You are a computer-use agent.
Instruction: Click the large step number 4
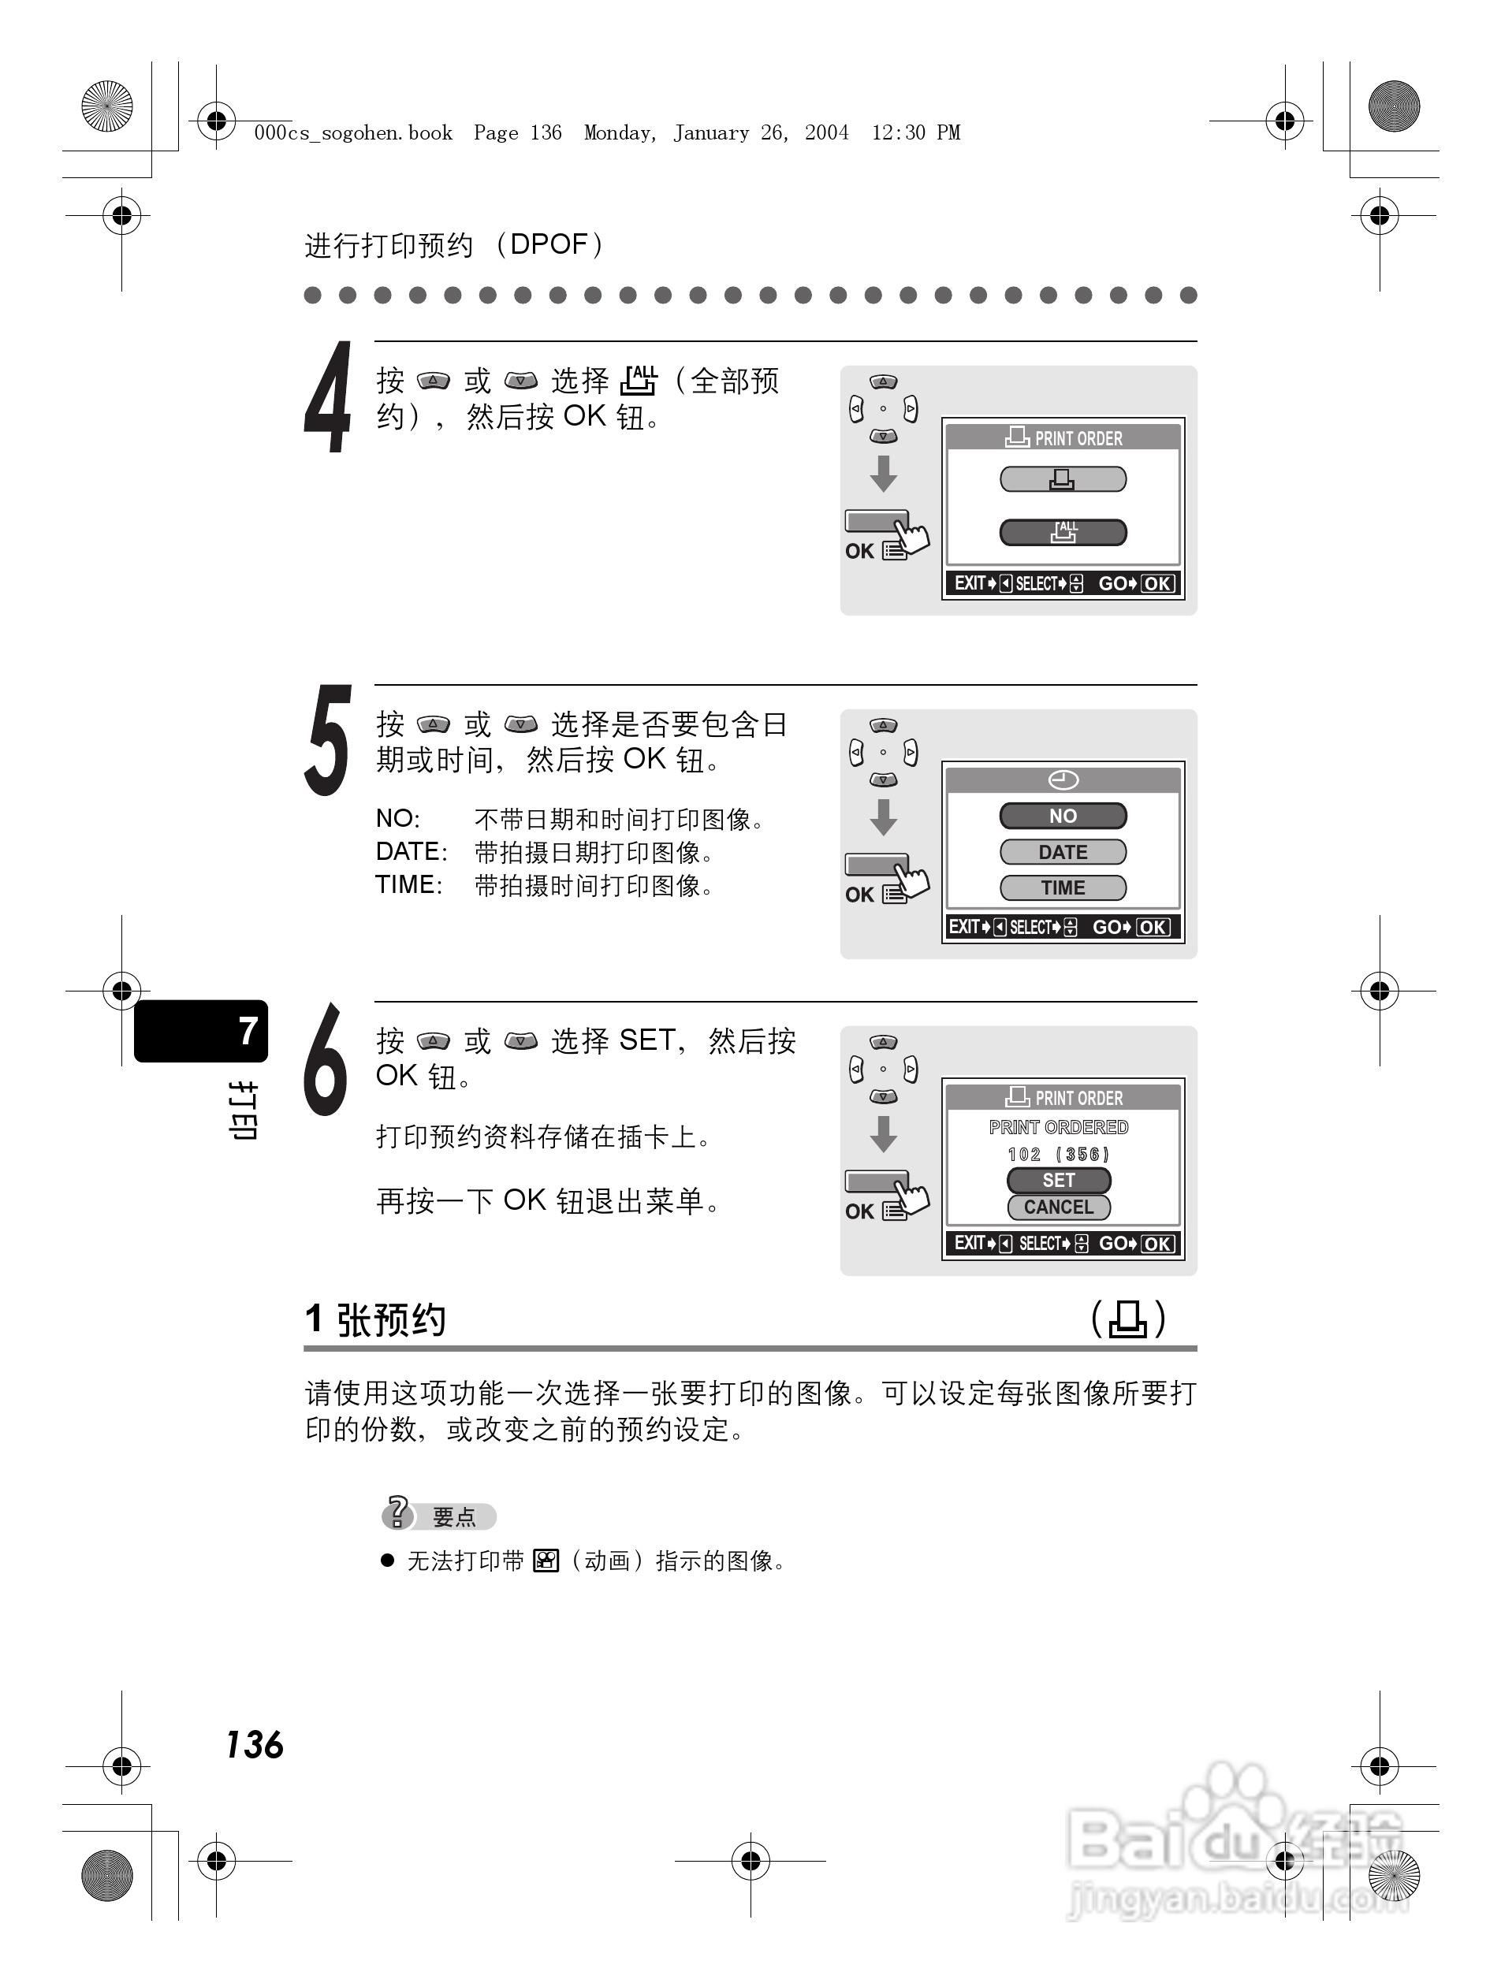point(327,397)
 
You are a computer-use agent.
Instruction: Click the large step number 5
point(327,741)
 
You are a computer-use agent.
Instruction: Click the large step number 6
point(326,1059)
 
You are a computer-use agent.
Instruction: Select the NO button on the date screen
point(1063,816)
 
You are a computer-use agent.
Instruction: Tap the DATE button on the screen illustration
point(1063,852)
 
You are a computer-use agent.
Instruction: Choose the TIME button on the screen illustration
point(1063,887)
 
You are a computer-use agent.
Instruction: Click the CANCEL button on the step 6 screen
point(1058,1207)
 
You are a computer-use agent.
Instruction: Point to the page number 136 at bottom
point(255,1746)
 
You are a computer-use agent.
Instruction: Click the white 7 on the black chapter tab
point(248,1031)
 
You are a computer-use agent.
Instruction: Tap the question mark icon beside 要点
point(397,1512)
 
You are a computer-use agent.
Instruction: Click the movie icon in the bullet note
point(546,1561)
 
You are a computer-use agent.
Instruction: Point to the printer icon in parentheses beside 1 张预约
point(1128,1319)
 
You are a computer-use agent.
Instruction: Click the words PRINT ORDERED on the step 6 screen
point(1058,1127)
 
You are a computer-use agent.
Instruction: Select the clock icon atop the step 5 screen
point(1063,780)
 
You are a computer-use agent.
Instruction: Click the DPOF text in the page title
point(548,244)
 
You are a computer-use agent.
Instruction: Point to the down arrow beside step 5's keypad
point(883,817)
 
